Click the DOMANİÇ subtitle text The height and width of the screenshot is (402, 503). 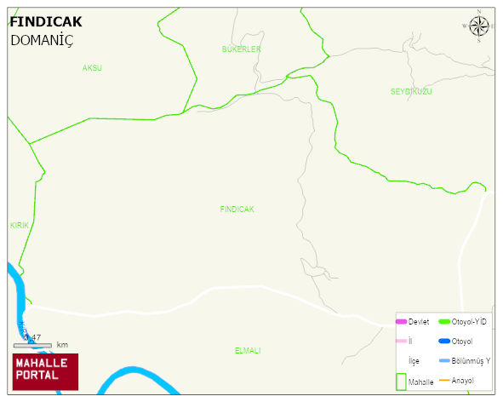click(x=42, y=39)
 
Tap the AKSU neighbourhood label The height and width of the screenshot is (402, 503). click(x=92, y=67)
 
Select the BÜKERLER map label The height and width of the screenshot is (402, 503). click(x=241, y=49)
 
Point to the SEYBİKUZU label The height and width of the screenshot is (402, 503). click(x=412, y=91)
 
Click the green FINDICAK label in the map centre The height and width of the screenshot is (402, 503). click(x=237, y=209)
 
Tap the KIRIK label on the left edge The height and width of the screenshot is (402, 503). click(x=19, y=225)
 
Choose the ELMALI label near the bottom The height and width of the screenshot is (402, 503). click(x=247, y=351)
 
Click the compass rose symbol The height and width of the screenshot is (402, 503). click(x=479, y=26)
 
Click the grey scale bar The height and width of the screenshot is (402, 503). click(x=32, y=345)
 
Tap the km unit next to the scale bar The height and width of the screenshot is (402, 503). click(x=62, y=345)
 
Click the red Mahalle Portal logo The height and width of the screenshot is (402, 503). click(x=45, y=371)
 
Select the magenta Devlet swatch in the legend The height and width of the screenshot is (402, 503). click(x=401, y=321)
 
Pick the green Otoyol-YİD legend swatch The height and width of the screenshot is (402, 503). click(x=444, y=321)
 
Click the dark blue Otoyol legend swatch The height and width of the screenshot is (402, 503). click(x=444, y=341)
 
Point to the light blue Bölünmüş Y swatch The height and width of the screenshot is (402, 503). click(x=444, y=360)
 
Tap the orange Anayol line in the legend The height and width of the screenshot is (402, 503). click(x=444, y=380)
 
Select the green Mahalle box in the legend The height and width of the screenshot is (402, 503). click(x=400, y=381)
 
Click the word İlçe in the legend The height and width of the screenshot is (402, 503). click(x=414, y=361)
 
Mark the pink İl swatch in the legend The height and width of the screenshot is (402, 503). click(x=401, y=341)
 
